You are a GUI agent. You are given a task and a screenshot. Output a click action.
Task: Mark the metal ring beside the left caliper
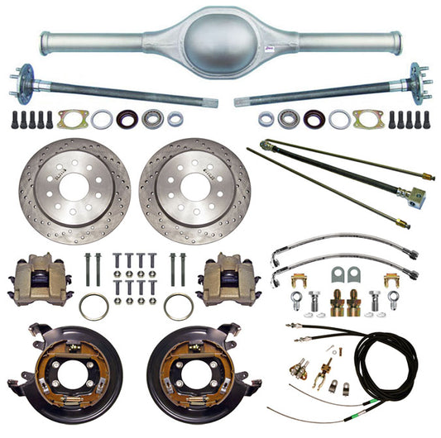(93, 306)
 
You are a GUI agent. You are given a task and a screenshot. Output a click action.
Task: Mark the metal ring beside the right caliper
(179, 306)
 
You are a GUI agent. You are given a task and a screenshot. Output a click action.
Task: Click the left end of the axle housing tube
(46, 38)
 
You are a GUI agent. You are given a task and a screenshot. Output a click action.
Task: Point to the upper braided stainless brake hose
(348, 247)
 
